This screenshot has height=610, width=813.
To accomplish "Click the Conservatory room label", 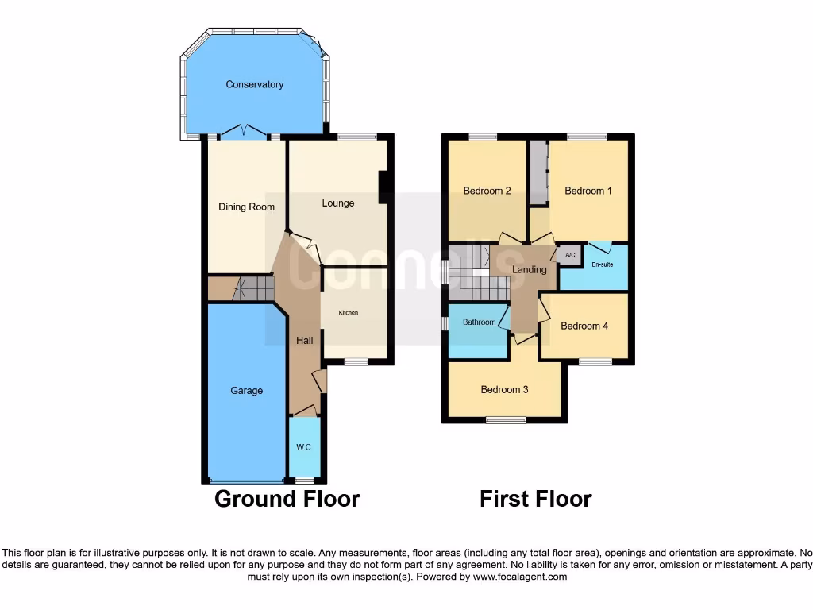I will coord(254,84).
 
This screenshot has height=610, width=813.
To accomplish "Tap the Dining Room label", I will coord(246,207).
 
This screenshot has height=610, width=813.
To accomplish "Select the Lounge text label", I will coord(338,203).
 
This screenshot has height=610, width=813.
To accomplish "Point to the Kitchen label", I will coord(349,313).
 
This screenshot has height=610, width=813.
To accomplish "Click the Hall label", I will coord(304,340).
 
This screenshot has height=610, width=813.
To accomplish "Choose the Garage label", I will coord(246,390).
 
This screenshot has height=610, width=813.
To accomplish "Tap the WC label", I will coord(304,447).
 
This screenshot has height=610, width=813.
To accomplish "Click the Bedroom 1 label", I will coord(588,191).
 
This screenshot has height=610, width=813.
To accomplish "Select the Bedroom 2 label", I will coord(487,191).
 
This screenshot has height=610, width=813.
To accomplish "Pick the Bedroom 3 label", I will coord(504,389).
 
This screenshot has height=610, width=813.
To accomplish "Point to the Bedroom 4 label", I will coord(584,326).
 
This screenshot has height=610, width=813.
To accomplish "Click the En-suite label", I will coord(602,264).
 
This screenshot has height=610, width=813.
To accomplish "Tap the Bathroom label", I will coord(480,322).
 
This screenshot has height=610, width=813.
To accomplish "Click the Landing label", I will coord(530,269).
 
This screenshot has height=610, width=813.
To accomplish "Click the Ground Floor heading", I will coord(287,499).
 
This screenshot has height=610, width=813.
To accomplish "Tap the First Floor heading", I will coord(535,499).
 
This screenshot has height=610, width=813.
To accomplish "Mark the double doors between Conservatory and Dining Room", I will coord(244,133).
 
